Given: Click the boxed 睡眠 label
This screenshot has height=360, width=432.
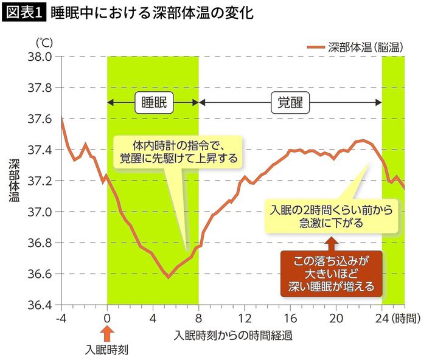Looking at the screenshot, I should point(153,102).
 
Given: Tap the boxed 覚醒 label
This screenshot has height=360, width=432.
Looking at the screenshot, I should point(290,102).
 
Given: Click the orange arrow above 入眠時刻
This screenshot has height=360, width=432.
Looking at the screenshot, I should point(106,333).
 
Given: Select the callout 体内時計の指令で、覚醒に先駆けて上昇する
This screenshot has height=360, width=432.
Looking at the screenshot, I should point(178,152).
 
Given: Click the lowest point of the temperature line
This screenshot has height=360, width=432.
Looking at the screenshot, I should point(168,277).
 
